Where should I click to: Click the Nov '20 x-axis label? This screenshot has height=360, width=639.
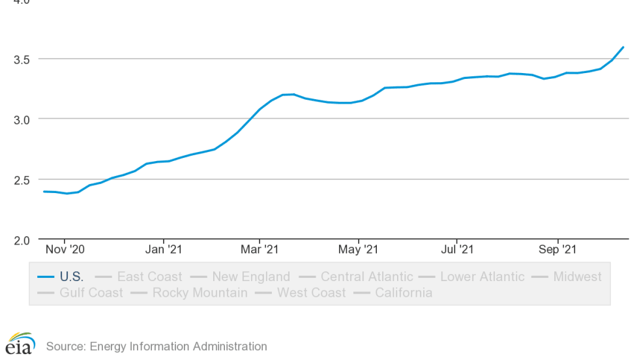65,249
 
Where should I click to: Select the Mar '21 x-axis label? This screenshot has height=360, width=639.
260,249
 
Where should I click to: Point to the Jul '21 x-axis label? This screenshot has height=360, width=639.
456,249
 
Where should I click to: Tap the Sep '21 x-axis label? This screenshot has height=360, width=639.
557,249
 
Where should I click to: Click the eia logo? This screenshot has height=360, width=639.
20,344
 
